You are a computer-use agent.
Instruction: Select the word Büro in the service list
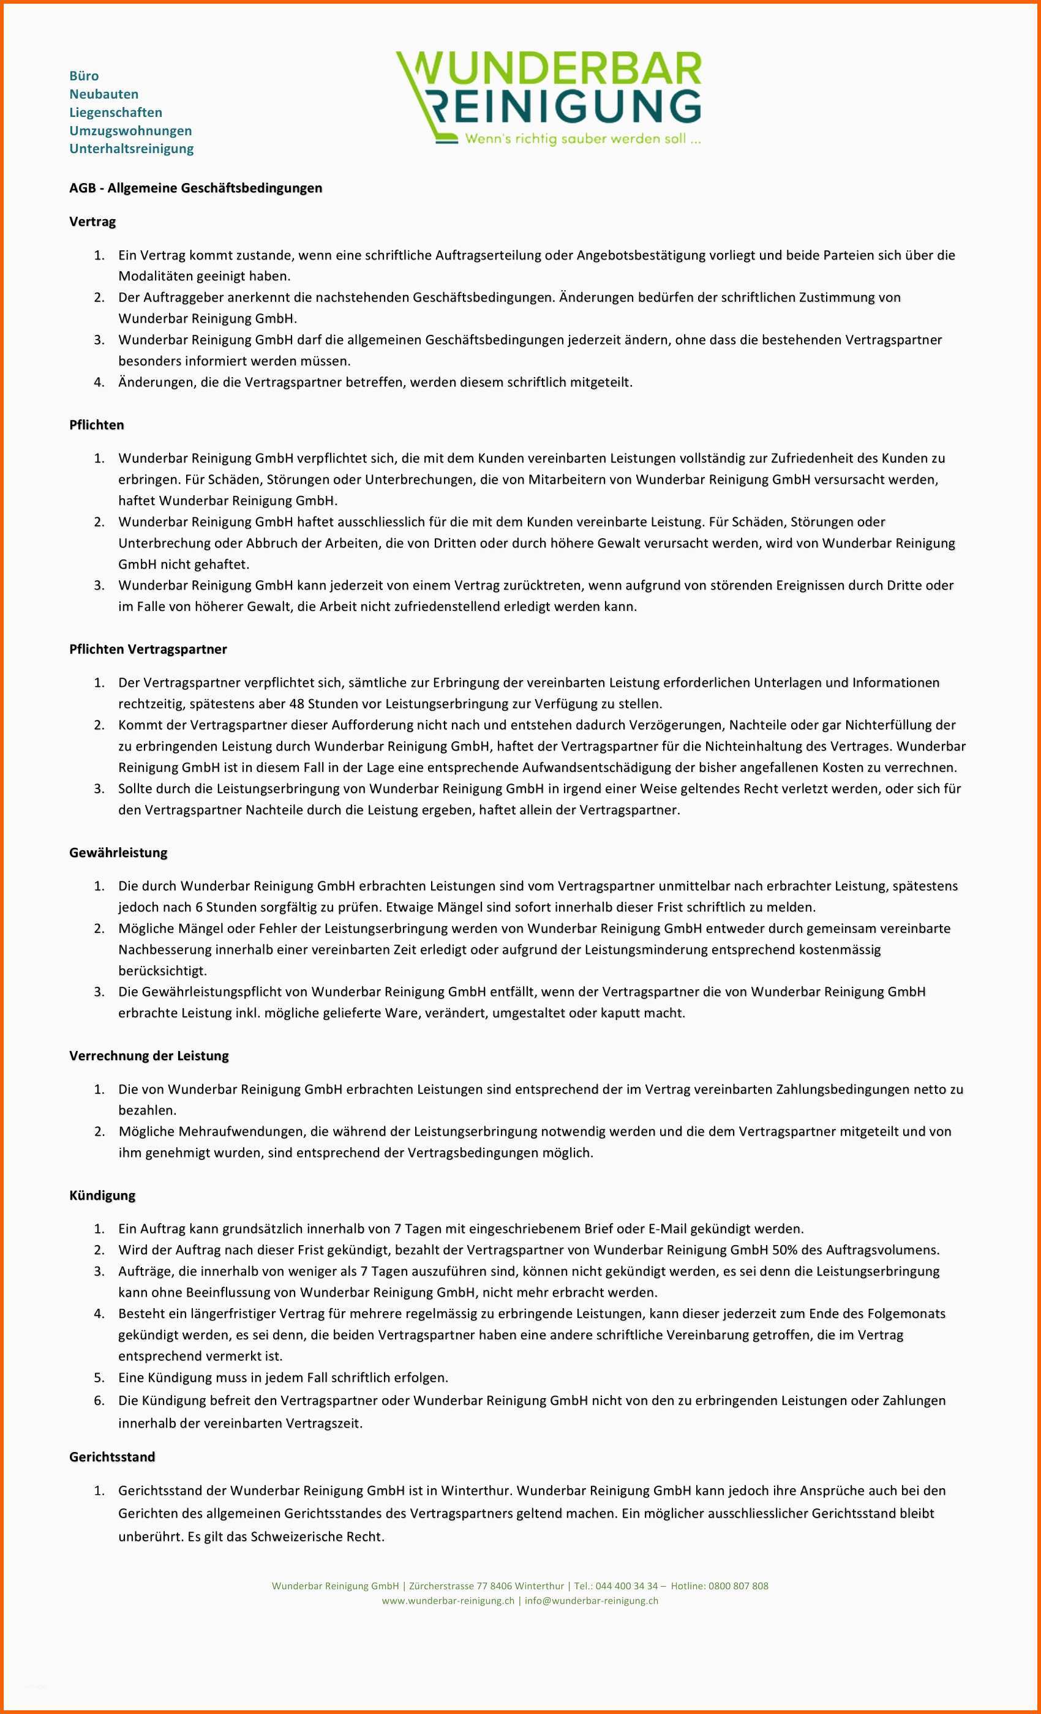pos(83,76)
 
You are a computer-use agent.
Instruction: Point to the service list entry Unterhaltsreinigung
pos(132,148)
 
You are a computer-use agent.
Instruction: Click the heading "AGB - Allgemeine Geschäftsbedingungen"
pos(195,188)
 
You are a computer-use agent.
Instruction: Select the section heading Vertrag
pos(92,221)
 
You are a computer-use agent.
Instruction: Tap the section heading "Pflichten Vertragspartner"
pos(148,649)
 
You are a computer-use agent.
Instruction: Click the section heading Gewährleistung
pos(118,852)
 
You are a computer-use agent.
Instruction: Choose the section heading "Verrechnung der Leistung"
pos(149,1055)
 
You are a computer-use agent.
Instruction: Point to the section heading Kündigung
pos(102,1195)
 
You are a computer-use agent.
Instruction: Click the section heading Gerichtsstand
pos(112,1457)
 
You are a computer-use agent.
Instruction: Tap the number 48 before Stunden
pos(296,703)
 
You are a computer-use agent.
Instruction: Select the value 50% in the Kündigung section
pos(786,1249)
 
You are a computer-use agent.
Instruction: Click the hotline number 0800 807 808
pos(738,1586)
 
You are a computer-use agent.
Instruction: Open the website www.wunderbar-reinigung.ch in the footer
pos(448,1601)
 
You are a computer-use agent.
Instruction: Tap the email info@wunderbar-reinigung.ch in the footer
pos(591,1601)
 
